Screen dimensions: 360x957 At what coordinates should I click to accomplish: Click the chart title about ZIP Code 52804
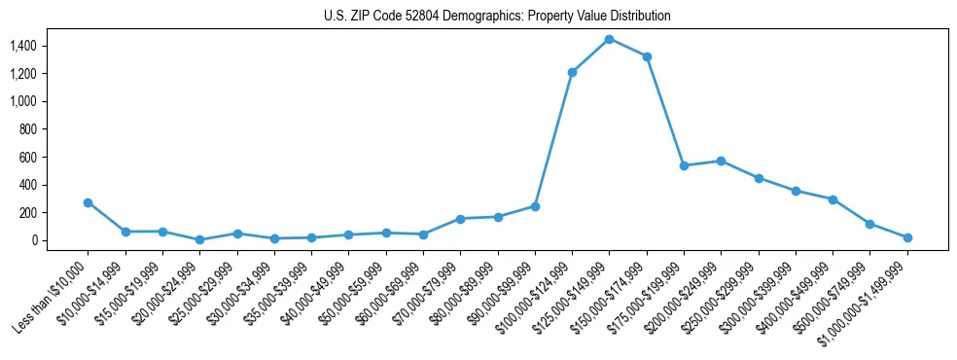tap(497, 16)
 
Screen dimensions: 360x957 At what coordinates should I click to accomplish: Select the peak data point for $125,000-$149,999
tap(609, 39)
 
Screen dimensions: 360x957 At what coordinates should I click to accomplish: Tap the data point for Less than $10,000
tap(88, 202)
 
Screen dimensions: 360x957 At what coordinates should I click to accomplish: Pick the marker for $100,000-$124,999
tap(572, 72)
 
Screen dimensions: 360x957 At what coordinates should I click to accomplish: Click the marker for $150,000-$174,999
tap(647, 56)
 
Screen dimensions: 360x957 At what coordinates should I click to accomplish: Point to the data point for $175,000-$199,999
tap(684, 165)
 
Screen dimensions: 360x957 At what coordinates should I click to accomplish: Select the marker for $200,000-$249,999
tap(721, 161)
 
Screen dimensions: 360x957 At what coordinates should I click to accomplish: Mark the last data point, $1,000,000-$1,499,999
tap(907, 237)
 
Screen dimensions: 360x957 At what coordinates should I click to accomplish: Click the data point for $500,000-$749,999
tap(869, 224)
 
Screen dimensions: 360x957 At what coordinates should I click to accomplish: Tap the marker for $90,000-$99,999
tap(535, 206)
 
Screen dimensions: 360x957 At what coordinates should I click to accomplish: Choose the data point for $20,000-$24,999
tap(199, 239)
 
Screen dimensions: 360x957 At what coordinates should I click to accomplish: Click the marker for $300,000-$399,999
tap(796, 191)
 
